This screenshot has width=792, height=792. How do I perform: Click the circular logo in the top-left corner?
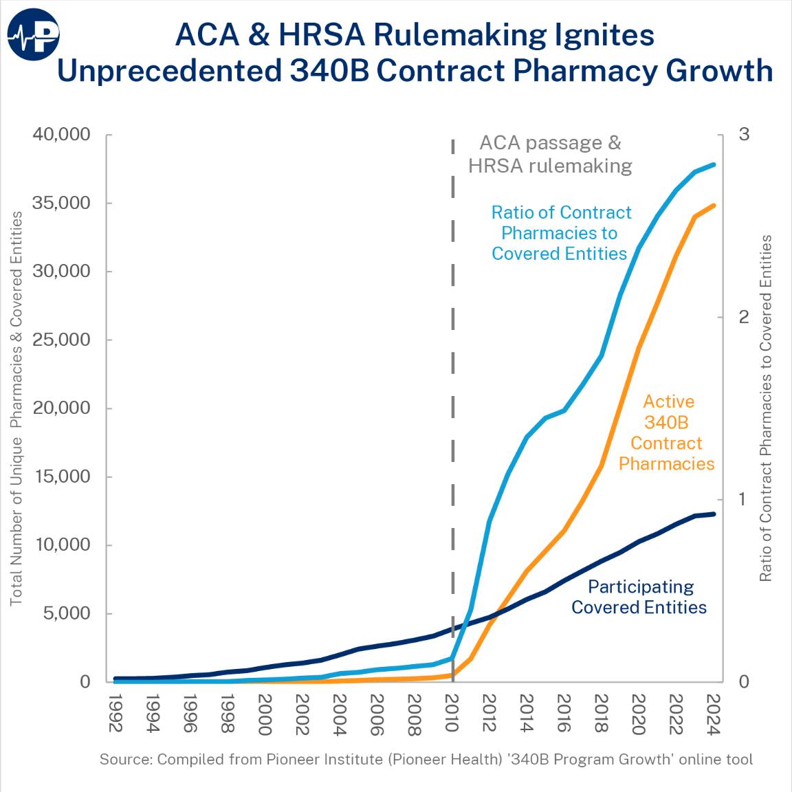34,34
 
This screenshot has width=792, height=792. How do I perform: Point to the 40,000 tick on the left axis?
62,135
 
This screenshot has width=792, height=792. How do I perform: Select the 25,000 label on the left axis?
62,340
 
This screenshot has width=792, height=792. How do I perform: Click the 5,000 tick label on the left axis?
67,613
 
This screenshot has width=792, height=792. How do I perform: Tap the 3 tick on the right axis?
744,135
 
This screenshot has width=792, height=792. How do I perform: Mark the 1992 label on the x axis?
115,713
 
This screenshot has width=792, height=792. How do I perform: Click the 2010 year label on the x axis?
452,713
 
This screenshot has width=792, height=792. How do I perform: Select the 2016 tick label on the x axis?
564,713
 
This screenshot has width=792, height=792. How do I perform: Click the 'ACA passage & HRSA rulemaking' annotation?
550,154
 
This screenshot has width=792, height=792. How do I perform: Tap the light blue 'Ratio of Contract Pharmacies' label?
560,233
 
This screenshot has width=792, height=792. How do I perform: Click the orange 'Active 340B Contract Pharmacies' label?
667,432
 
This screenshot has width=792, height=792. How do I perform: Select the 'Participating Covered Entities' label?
639,597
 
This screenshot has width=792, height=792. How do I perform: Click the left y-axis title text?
16,408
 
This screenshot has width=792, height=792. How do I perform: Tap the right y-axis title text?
766,408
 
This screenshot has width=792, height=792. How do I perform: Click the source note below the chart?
426,760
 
